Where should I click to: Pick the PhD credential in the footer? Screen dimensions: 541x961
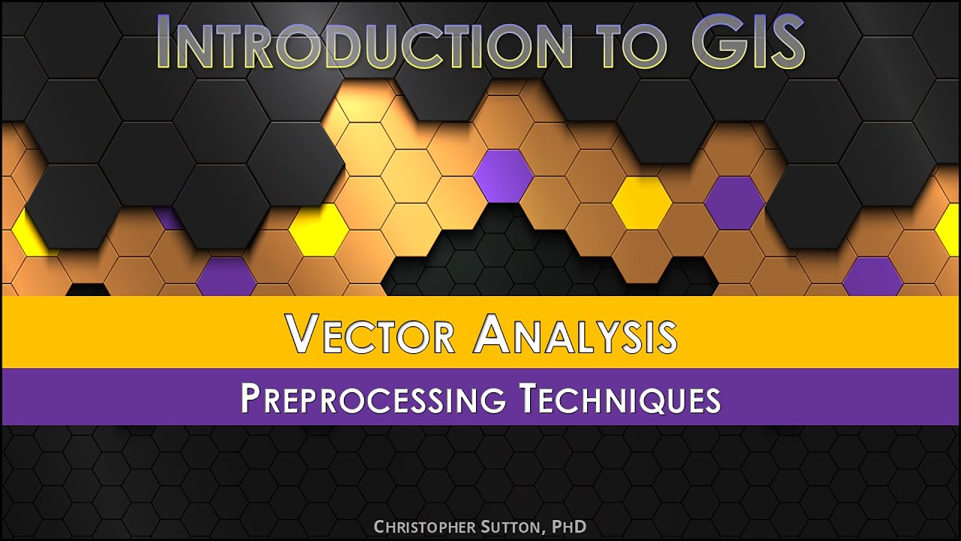click(569, 527)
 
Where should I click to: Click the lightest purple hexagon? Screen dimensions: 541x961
click(503, 176)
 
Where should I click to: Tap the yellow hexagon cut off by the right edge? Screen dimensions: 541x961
click(950, 229)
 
